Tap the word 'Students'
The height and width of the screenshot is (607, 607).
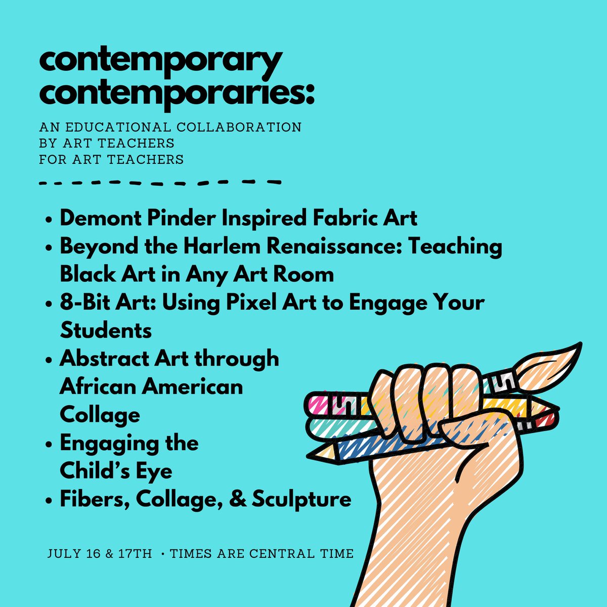point(106,331)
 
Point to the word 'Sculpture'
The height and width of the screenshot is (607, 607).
point(301,499)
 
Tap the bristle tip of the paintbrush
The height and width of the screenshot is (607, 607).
point(561,357)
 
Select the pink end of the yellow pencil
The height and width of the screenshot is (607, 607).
point(318,404)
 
